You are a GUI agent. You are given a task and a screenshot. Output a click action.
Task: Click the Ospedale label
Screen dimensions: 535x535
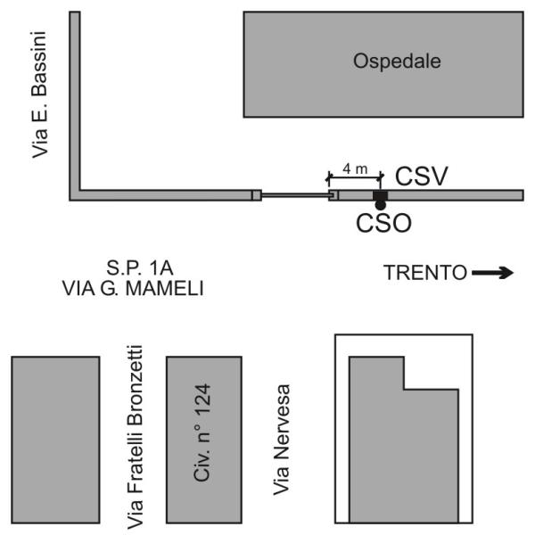[x=397, y=62]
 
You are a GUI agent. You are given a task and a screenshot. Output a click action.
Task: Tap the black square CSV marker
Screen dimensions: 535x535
[x=380, y=195]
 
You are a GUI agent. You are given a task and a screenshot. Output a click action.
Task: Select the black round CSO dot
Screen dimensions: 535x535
[x=380, y=205]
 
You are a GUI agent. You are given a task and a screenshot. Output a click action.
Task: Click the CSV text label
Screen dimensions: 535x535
[x=421, y=177]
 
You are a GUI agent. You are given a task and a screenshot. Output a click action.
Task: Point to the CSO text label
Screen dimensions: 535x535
[x=383, y=223]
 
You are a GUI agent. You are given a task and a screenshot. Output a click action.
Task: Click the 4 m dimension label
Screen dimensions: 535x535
[x=355, y=169]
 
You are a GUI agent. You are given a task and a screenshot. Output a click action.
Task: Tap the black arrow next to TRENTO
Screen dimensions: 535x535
[x=493, y=272]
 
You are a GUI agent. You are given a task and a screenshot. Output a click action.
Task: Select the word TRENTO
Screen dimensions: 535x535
[x=425, y=273]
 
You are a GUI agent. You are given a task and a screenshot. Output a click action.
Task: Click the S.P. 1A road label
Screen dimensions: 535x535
[x=140, y=267]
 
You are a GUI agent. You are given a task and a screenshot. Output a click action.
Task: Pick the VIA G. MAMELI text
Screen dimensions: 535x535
[x=133, y=288]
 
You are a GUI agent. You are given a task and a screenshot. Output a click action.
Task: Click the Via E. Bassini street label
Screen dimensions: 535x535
[x=39, y=95]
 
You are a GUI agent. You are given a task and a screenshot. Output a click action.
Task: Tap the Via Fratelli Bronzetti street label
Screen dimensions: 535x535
[x=135, y=438]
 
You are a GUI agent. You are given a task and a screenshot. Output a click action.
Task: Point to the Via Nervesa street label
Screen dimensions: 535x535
[x=282, y=440]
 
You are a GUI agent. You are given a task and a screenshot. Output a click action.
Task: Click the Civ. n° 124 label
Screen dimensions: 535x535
[x=202, y=433]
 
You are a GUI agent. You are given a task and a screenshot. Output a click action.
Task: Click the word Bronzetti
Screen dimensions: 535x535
[x=135, y=385]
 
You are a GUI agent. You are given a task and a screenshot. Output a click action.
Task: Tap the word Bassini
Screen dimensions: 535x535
[x=39, y=64]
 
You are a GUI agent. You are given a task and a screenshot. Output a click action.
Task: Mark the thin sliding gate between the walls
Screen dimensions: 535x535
[x=295, y=195]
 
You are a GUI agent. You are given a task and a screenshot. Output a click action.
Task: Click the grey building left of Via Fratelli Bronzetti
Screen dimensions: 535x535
[x=55, y=440]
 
